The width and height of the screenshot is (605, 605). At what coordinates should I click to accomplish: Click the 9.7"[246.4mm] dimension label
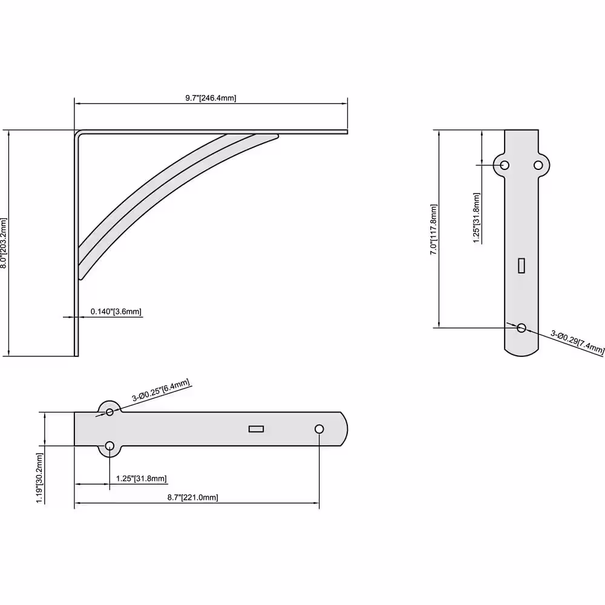211,98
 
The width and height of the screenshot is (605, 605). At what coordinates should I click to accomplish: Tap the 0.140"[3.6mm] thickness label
116,312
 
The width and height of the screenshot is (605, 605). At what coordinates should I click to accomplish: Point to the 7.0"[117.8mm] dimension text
434,229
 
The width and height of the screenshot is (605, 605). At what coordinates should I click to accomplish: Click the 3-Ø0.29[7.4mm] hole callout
577,342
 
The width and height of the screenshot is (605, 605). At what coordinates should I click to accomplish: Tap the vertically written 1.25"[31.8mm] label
477,218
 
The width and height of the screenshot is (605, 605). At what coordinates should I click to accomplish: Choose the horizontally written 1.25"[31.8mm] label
142,479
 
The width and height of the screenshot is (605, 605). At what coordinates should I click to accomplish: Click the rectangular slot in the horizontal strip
256,429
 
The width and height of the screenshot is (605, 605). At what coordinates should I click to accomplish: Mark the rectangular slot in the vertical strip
522,265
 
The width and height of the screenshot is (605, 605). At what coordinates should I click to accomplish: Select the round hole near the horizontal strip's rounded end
319,429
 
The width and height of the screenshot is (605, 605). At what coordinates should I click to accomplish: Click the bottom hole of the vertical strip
522,328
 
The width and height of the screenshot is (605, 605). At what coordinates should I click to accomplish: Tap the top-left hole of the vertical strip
505,165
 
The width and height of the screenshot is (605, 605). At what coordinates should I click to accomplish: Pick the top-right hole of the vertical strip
538,165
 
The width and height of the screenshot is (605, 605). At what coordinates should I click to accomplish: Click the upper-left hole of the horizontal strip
110,412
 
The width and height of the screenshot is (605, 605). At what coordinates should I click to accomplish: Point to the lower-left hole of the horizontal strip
110,446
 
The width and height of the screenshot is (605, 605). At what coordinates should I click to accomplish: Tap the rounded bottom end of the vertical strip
522,350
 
